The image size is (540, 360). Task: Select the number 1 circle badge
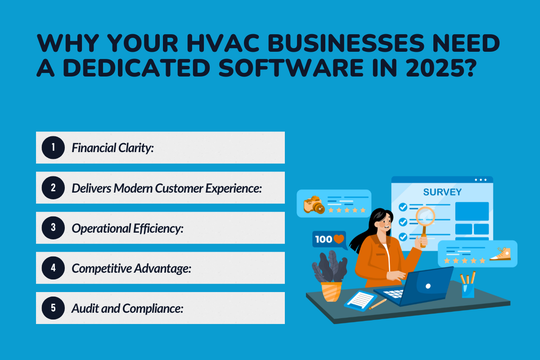tap(53, 148)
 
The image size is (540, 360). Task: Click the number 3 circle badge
tap(53, 228)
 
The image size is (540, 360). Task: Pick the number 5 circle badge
tap(53, 308)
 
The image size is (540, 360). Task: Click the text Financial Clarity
tap(113, 148)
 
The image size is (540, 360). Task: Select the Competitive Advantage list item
tap(132, 268)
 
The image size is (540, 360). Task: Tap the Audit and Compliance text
tap(128, 308)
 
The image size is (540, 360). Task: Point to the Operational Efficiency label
tap(128, 228)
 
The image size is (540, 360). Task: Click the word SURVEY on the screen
tap(442, 192)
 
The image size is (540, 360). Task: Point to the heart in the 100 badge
tap(339, 239)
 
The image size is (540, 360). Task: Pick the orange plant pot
tap(331, 291)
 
